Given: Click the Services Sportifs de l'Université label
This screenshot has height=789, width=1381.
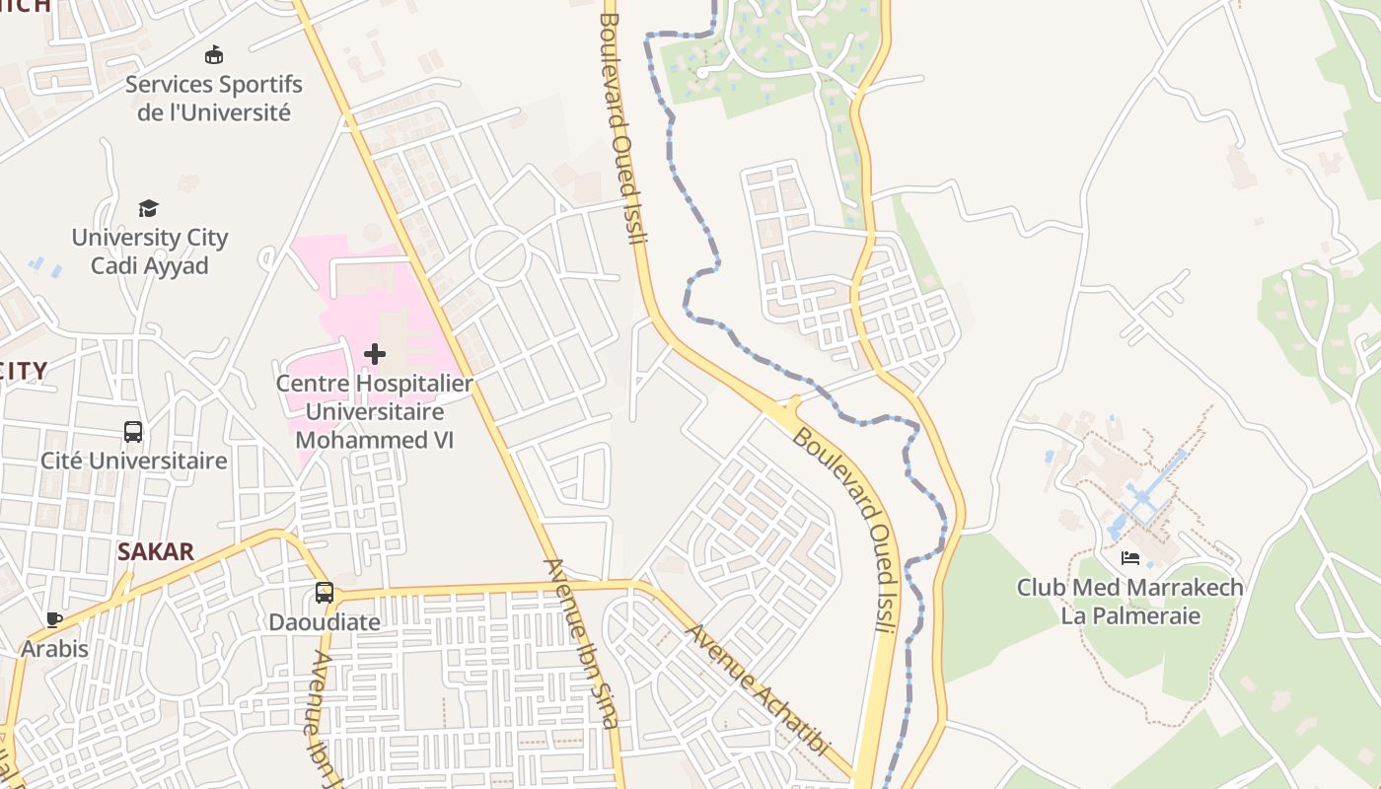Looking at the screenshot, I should click(214, 98).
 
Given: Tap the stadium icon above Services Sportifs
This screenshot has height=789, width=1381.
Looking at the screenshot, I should click(213, 54).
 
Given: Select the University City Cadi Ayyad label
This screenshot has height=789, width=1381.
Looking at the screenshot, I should click(150, 251).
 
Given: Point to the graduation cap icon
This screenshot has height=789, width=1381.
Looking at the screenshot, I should click(148, 208).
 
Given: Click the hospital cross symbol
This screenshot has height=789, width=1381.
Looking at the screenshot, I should click(375, 353).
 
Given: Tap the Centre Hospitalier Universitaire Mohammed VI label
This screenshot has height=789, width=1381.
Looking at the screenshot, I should click(375, 411).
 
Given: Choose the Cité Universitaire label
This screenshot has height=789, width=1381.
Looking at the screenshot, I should click(134, 461).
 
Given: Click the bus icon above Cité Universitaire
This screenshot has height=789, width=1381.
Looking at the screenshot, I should click(133, 431).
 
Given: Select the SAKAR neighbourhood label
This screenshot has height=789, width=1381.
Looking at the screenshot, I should click(156, 551).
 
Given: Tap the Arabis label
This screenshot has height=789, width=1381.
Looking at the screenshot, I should click(55, 649).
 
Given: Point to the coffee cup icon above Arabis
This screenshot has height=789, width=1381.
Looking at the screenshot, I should click(54, 619).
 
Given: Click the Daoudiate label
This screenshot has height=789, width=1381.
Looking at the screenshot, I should click(325, 622).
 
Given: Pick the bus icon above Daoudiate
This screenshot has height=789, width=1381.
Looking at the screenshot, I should click(325, 593).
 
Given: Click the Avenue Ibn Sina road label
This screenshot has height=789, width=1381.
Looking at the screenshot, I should click(583, 643).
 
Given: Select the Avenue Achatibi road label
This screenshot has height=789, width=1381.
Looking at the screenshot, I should click(759, 689).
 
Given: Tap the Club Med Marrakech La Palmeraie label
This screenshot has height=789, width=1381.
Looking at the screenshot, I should click(1130, 602).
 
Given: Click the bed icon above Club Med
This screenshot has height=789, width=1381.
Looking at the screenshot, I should click(1130, 558).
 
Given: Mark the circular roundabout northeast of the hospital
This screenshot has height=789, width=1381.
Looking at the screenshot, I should click(501, 256).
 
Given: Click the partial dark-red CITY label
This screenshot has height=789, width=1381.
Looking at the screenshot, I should click(25, 371).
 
